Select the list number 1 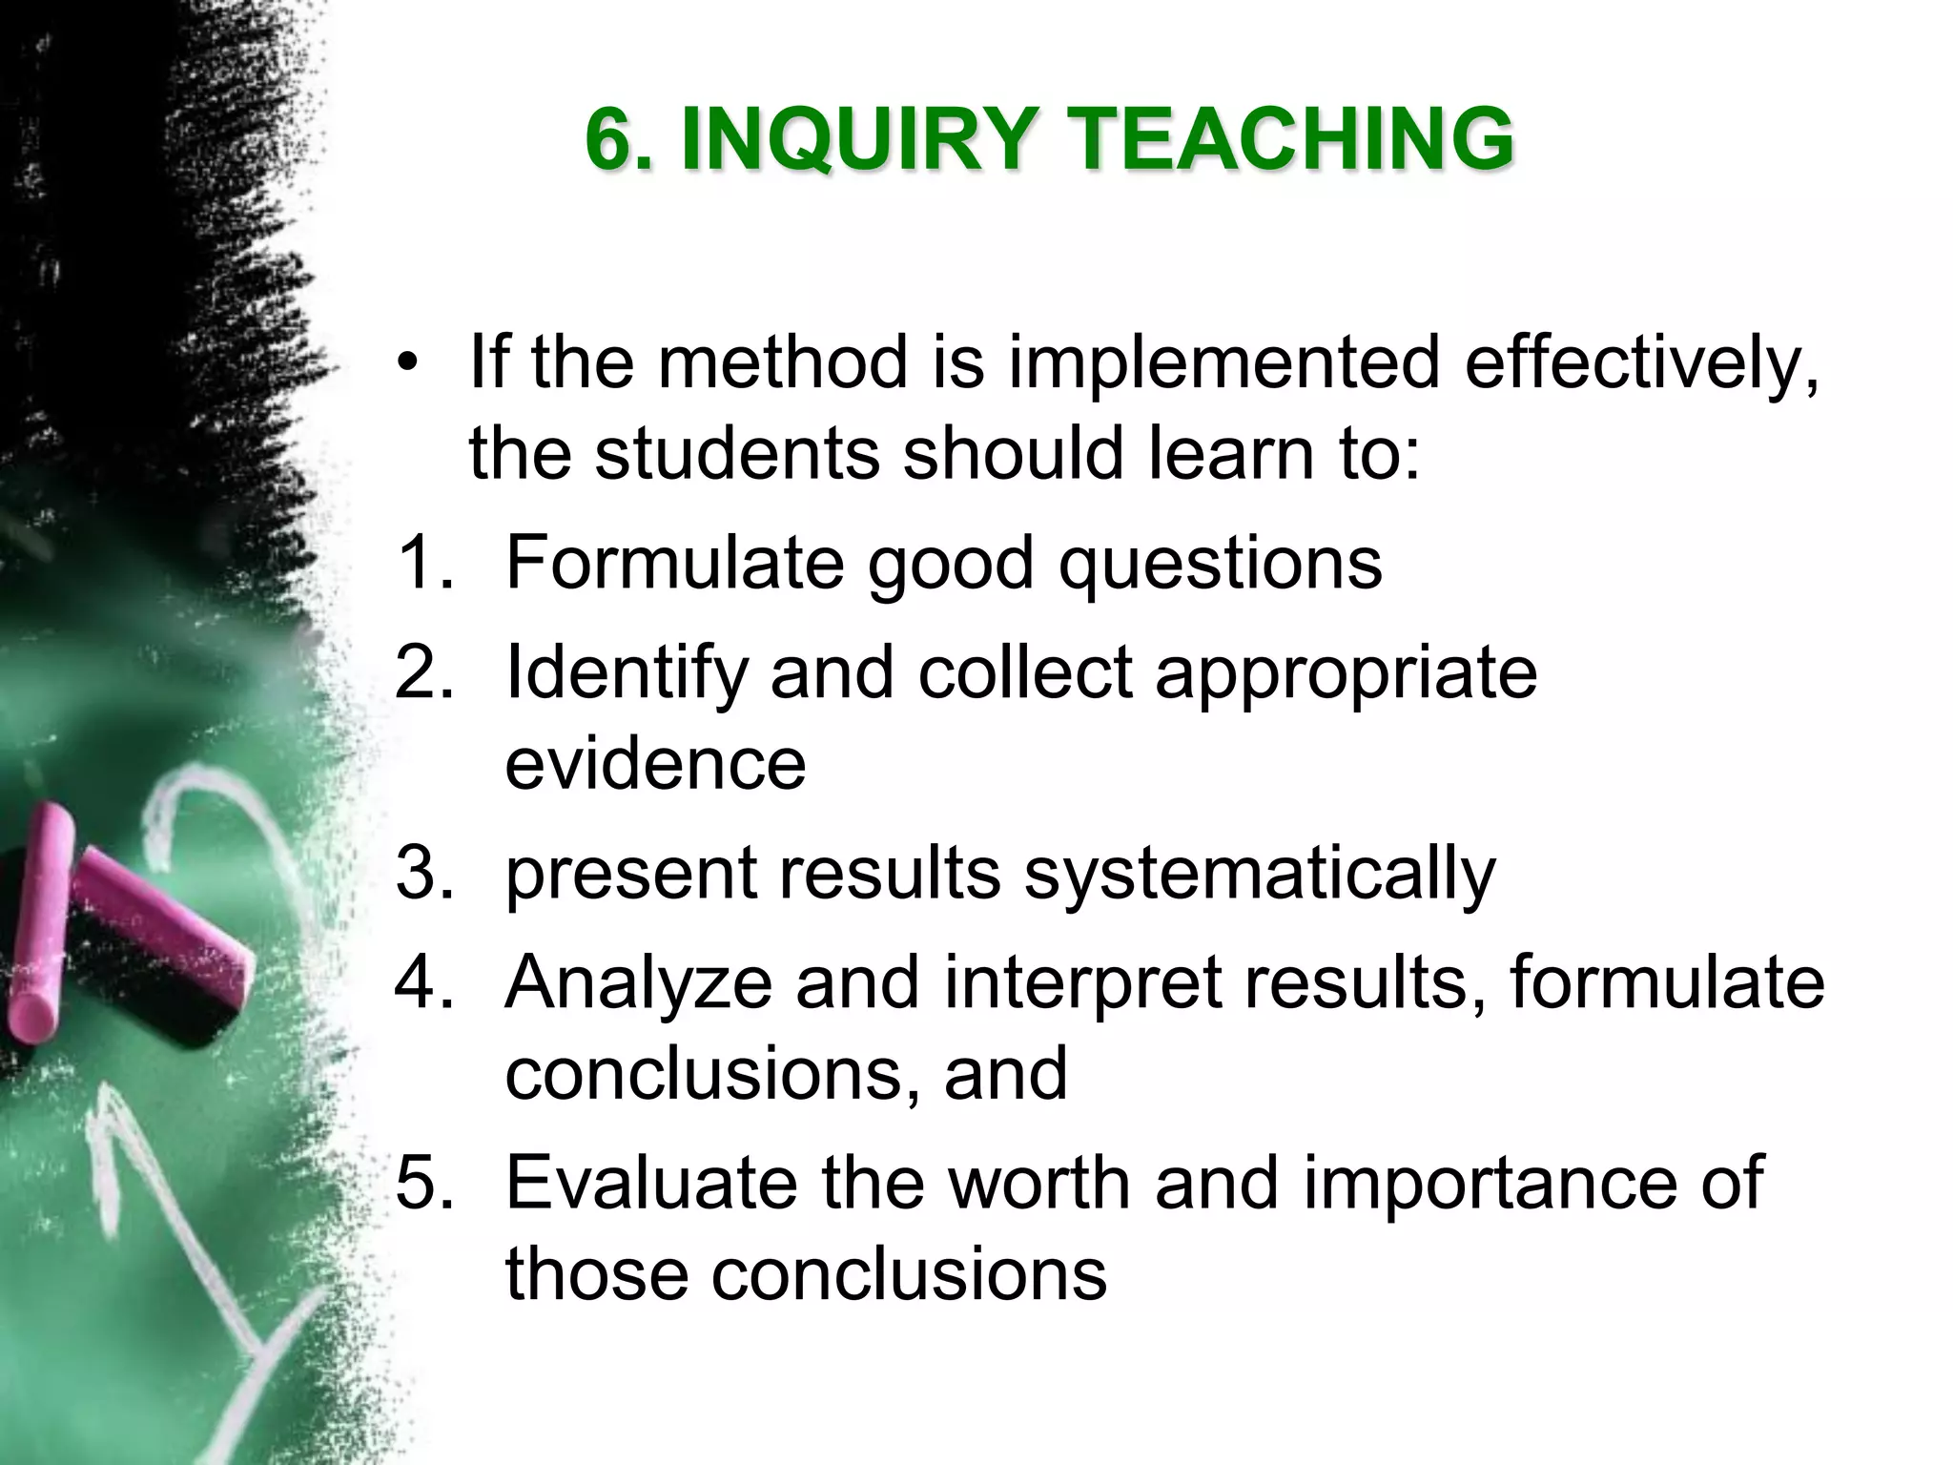pos(418,563)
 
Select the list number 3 pos(418,873)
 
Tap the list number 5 pos(418,1183)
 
